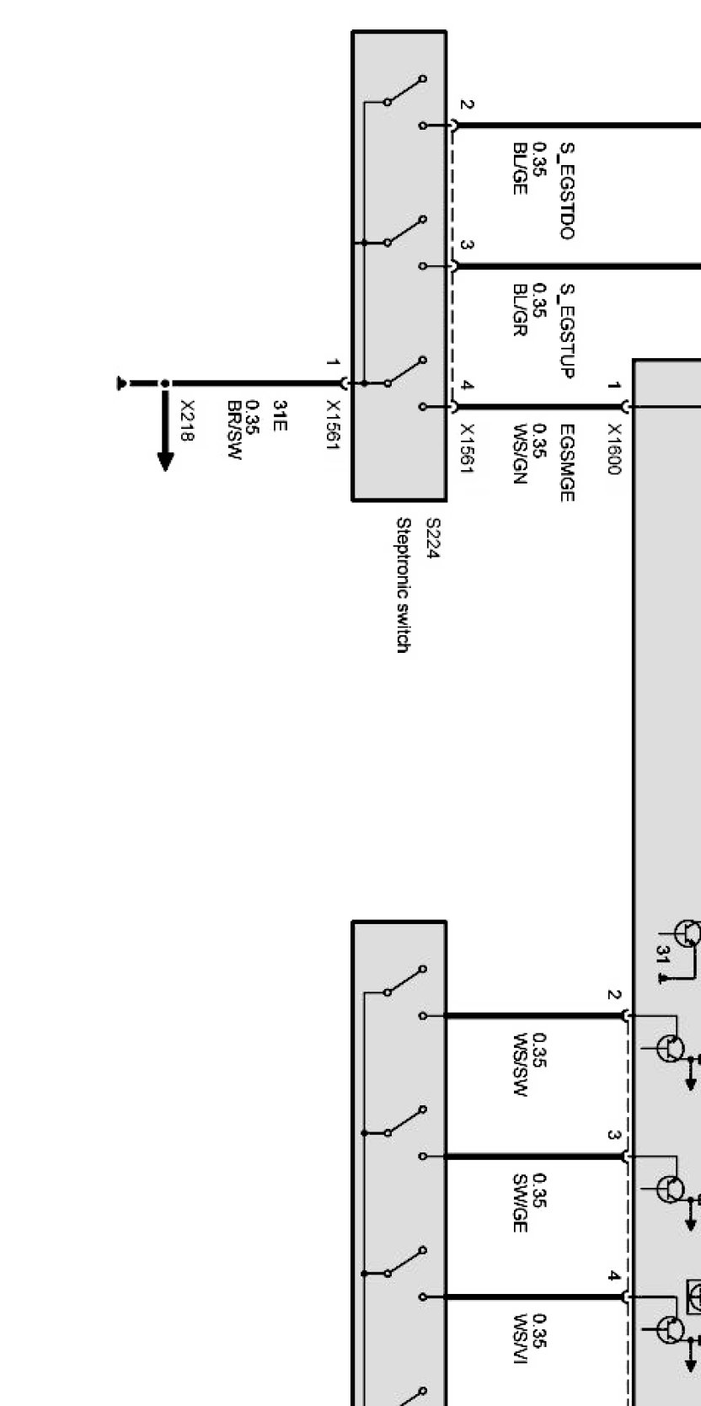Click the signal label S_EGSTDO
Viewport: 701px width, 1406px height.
567,191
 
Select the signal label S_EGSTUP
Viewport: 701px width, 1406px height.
567,331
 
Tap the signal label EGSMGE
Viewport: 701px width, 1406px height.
567,464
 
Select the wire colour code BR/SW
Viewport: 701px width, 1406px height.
234,430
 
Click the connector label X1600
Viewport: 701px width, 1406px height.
613,448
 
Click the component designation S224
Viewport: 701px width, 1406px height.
432,539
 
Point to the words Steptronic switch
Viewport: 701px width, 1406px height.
404,585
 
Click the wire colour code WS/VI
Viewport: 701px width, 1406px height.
520,1346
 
